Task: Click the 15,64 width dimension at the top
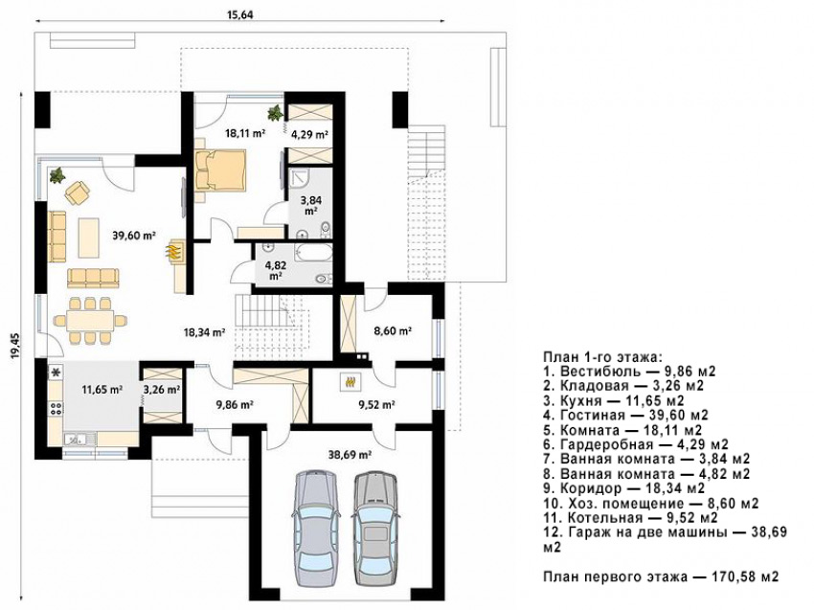click(x=239, y=14)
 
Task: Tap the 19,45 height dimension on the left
click(x=15, y=347)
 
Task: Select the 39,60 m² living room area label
click(x=134, y=236)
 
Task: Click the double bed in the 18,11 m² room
click(x=220, y=170)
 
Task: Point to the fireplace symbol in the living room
click(x=174, y=252)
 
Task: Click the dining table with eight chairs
click(x=90, y=320)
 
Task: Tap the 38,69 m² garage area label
click(x=350, y=455)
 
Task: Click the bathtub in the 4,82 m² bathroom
click(x=312, y=254)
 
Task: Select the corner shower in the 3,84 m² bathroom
click(x=299, y=179)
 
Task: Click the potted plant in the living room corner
click(x=57, y=175)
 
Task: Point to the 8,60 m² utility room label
click(x=393, y=330)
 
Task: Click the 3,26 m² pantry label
click(x=162, y=389)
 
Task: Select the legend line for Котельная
click(x=630, y=518)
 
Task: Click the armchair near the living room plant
click(x=78, y=192)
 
